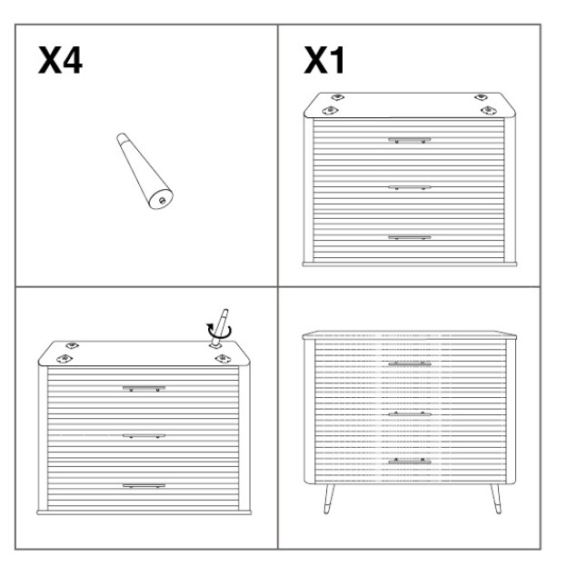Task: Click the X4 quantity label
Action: pos(60,60)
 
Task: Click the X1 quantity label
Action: pos(324,60)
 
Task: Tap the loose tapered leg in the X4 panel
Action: pos(144,171)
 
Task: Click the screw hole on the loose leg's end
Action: pos(162,200)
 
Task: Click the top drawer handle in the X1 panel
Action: pos(409,140)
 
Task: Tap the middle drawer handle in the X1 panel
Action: pos(409,188)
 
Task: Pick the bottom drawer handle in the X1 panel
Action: pos(409,237)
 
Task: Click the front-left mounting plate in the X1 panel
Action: pos(330,110)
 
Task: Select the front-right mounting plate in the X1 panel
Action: pos(489,110)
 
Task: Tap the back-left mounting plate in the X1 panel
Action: pos(337,97)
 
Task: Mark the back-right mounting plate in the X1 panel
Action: pos(481,97)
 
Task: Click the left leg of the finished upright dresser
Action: pos(329,499)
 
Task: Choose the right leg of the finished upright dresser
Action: pos(496,499)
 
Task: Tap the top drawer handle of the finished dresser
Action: pos(410,363)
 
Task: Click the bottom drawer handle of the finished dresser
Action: pos(410,462)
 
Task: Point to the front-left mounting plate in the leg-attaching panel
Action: pos(65,359)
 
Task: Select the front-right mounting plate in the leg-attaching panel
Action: pos(223,358)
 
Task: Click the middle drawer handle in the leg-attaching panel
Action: pos(144,436)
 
